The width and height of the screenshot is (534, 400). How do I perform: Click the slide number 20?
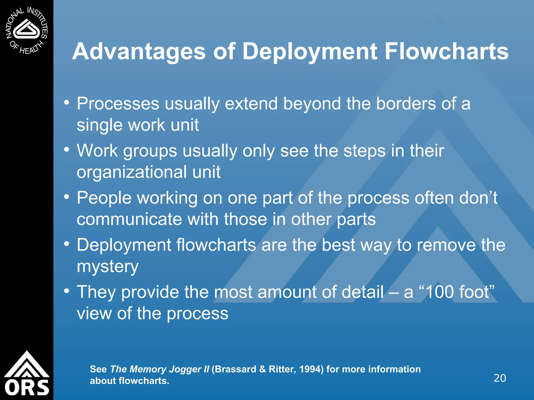pyautogui.click(x=500, y=378)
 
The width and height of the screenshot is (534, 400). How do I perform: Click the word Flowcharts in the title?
pyautogui.click(x=446, y=52)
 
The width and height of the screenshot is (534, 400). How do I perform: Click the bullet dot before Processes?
pyautogui.click(x=67, y=103)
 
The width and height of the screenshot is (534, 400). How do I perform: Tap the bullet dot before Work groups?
pyautogui.click(x=67, y=150)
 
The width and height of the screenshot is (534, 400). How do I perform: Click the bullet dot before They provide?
pyautogui.click(x=67, y=291)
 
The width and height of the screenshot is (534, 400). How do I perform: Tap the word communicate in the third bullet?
pyautogui.click(x=129, y=219)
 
